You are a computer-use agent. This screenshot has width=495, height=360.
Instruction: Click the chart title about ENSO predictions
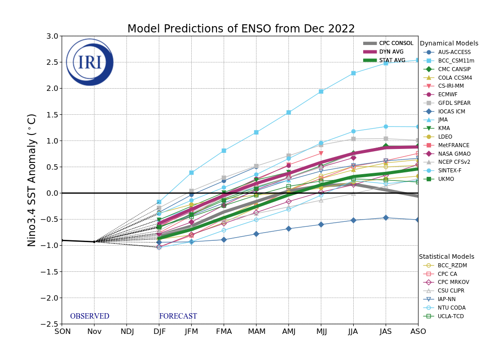pos(241,29)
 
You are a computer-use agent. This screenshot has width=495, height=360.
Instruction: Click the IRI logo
pos(90,62)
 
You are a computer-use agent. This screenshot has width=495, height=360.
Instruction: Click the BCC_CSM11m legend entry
pos(456,61)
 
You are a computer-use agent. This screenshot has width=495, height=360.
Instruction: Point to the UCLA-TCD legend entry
pos(451,316)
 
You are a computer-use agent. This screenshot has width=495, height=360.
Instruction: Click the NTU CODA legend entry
pos(452,308)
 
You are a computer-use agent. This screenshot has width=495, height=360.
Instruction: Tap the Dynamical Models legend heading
pos(449,44)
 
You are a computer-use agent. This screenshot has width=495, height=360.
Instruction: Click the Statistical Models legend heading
pos(446,256)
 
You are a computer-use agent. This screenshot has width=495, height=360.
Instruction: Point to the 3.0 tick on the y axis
pos(52,36)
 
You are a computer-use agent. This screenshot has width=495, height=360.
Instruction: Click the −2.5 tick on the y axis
pos(50,324)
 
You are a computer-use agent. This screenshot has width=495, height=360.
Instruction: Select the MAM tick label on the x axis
pos(256,332)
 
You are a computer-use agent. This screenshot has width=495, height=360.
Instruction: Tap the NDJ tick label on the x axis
pos(126,332)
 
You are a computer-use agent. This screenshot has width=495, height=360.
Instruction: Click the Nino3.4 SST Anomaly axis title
pos(32,180)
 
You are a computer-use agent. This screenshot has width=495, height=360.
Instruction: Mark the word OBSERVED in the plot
pos(90,316)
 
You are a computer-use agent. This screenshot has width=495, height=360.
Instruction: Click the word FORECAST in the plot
pos(178,316)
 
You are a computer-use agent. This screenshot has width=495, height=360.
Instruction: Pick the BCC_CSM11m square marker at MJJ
pos(321,91)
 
